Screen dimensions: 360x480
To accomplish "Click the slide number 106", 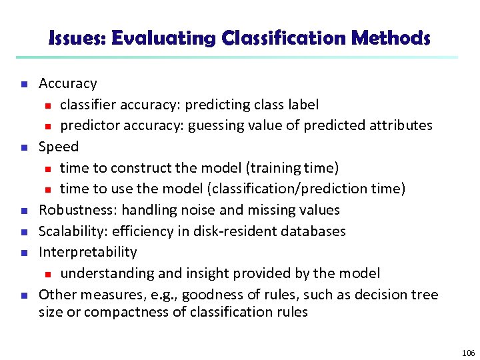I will [x=468, y=353].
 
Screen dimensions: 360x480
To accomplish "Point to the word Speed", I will [x=59, y=147].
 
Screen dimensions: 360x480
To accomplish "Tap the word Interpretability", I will [x=88, y=252].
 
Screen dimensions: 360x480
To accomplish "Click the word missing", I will [x=273, y=210].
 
